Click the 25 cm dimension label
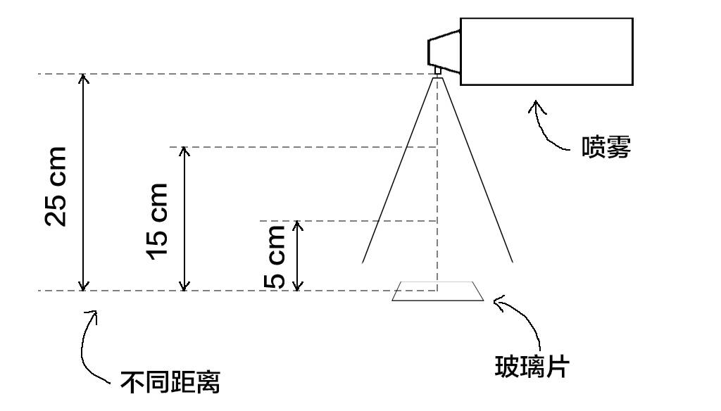(x=55, y=186)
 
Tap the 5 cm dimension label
(x=275, y=257)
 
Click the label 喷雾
(x=606, y=147)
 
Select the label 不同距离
(x=170, y=382)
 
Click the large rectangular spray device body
(x=546, y=51)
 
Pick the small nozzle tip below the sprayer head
(x=437, y=70)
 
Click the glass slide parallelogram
(x=438, y=291)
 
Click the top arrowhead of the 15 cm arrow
(x=184, y=151)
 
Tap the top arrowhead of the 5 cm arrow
(x=298, y=225)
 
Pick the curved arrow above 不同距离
(x=88, y=345)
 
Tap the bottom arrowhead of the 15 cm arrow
(x=184, y=285)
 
